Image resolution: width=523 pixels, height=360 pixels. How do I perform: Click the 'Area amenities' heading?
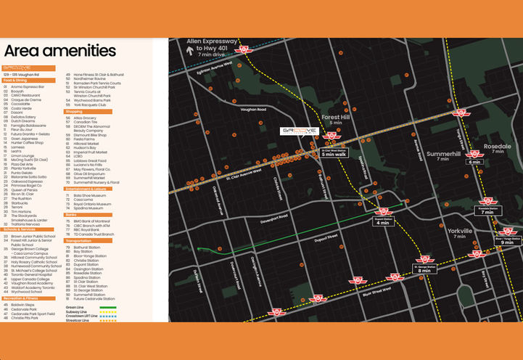pyautogui.click(x=59, y=51)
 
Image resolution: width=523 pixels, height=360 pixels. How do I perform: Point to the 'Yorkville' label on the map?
pyautogui.click(x=460, y=231)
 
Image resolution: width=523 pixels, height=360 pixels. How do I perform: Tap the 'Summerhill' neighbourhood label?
pyautogui.click(x=443, y=154)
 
